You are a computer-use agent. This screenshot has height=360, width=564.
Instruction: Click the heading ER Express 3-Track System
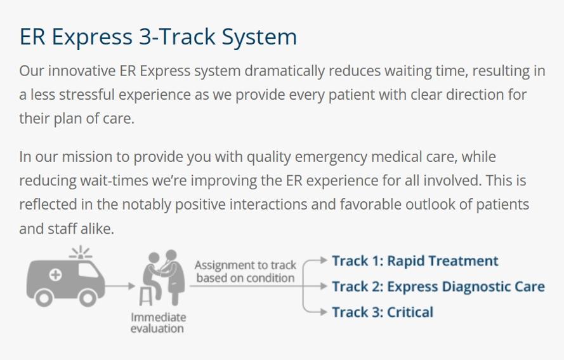158,37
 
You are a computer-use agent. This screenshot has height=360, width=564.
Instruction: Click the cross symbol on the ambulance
55,275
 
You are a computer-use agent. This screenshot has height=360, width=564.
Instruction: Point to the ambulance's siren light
81,253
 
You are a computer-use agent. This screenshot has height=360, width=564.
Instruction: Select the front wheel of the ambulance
88,297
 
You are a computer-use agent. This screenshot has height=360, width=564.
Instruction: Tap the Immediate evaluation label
157,323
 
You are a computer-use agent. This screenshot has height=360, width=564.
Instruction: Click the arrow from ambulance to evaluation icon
120,286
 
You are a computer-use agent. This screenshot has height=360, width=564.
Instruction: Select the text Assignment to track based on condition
246,272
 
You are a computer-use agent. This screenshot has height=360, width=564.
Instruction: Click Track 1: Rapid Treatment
415,261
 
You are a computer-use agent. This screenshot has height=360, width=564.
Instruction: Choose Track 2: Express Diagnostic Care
438,287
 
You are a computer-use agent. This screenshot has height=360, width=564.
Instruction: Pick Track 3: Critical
383,312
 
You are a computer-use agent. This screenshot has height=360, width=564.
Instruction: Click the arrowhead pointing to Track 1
324,260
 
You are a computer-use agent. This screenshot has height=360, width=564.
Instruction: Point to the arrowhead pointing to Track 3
324,311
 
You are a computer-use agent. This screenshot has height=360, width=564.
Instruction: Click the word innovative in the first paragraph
82,70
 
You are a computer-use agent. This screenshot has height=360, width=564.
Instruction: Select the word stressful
87,95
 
